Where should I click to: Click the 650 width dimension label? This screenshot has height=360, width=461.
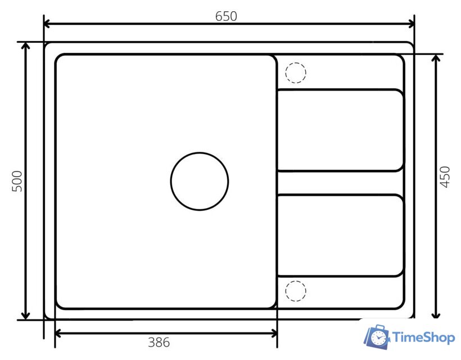click(226, 16)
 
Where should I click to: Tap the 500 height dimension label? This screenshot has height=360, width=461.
click(17, 181)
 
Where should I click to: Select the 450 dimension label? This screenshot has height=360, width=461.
click(445, 177)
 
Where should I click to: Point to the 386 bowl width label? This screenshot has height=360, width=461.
click(159, 343)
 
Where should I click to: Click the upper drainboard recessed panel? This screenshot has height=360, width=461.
click(341, 130)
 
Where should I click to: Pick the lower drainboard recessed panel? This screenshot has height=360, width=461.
click(341, 235)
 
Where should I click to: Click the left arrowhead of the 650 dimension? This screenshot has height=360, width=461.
click(47, 24)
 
